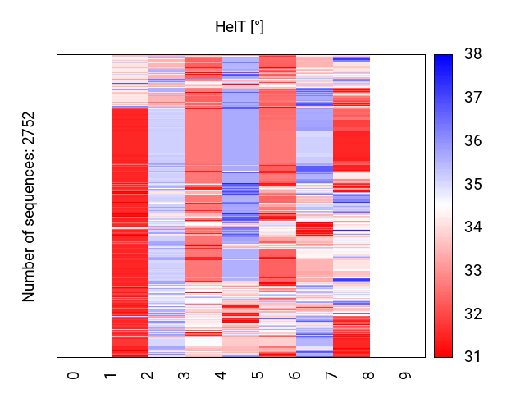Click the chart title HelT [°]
coord(239,27)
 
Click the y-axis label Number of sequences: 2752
coord(30,206)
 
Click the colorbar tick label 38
coord(472,54)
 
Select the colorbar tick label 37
coord(472,98)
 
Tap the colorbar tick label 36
coord(472,141)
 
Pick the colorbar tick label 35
coord(472,184)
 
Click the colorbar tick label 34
coord(472,227)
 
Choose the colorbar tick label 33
coord(472,271)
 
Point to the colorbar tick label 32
coord(472,314)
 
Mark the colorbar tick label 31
coord(472,357)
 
